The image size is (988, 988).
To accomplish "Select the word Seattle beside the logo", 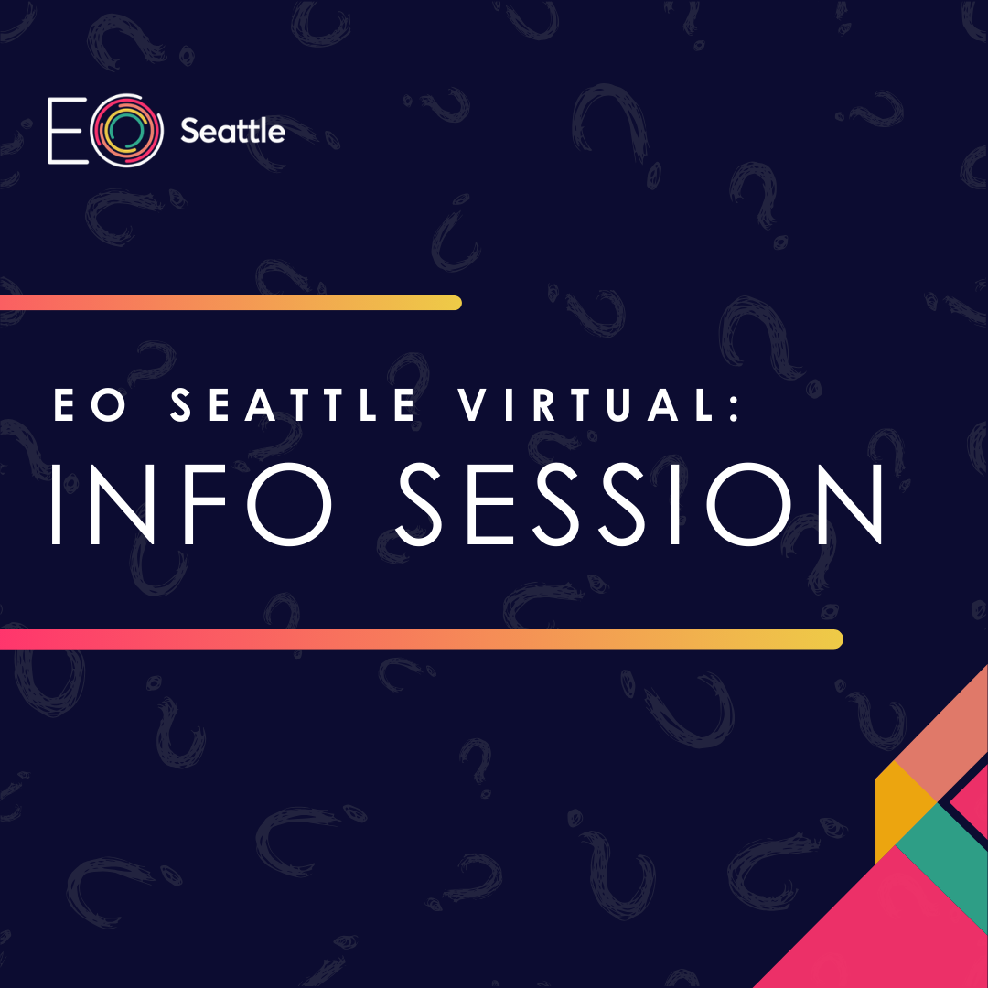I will pos(232,132).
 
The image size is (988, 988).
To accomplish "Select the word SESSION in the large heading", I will pos(640,504).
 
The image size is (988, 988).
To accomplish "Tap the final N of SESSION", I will pos(847,504).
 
